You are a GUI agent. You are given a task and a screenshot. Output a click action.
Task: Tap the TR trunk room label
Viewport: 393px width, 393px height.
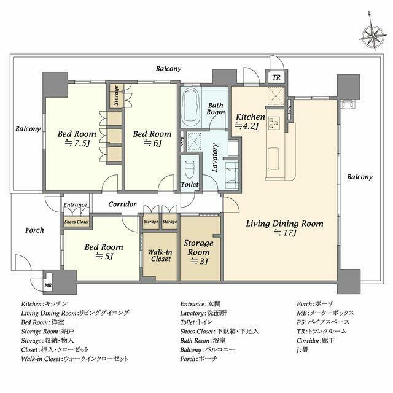point(276,77)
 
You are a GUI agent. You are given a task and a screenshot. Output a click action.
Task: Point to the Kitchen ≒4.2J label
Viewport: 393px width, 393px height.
point(250,122)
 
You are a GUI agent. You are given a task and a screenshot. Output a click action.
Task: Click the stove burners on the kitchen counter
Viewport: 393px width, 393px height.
point(274,123)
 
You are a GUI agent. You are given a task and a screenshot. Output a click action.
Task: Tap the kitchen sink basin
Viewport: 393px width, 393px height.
point(273,158)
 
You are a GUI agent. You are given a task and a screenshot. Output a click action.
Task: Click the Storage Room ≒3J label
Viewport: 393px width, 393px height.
point(198,252)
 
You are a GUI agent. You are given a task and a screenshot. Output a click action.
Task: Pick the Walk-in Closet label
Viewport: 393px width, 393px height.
point(160,255)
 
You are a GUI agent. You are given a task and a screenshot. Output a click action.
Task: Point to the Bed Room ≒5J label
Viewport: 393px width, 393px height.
point(104,252)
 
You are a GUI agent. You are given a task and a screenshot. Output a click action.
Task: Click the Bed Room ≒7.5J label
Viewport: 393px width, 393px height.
point(77,138)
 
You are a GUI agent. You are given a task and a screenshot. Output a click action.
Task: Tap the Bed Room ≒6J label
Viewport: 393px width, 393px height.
point(152,138)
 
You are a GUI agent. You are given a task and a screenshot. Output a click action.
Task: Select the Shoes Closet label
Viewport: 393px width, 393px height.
point(76,222)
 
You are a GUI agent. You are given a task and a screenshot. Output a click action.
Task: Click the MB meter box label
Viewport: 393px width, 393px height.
point(48,285)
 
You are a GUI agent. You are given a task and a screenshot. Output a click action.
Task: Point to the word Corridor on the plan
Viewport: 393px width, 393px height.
point(122,204)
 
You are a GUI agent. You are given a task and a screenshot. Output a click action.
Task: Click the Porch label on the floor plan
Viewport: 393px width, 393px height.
point(34,230)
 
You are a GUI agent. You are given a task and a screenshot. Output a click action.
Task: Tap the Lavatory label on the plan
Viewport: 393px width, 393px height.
point(215,157)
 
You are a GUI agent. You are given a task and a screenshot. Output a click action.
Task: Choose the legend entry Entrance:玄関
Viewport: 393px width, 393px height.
point(200,304)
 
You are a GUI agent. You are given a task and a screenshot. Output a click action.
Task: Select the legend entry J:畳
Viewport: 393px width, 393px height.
point(302,349)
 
